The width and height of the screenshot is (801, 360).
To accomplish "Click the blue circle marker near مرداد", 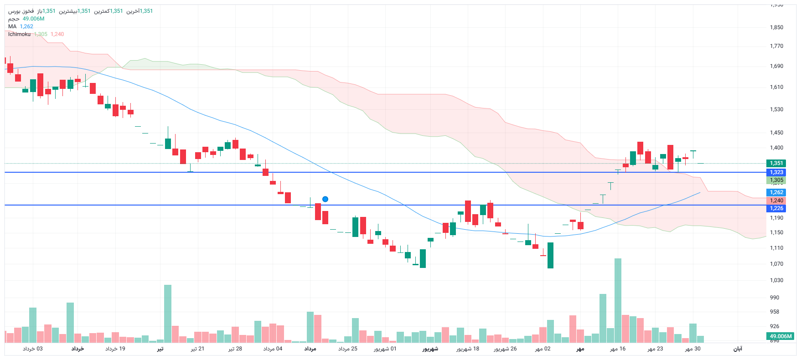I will pos(325,199).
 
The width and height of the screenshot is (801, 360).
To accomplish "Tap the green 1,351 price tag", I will pos(776,163).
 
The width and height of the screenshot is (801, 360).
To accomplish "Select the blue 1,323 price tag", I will pos(776,172).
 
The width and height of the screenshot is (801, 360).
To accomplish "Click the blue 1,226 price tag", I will pos(776,208).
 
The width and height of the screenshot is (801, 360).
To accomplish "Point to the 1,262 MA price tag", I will pos(776,192).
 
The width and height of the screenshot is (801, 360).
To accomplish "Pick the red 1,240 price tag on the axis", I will pos(776,201).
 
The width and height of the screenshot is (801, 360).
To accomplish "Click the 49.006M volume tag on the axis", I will pos(780,336).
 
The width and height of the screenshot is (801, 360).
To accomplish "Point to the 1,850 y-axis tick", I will pos(776,27).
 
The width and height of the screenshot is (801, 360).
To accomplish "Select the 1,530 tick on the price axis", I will pos(776,109).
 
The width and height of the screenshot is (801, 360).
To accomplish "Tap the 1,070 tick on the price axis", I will pos(776,264).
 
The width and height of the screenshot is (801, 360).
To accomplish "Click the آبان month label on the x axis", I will pos(738,349).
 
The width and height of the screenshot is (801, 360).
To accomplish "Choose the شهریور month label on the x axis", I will pos(430,349).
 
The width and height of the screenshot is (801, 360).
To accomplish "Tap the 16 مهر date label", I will pos(618,349).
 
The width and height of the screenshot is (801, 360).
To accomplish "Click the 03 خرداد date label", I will pos(33,349).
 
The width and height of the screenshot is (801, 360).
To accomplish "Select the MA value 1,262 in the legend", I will pos(26,26).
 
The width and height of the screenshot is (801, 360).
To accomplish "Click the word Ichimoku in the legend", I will pos(19,34).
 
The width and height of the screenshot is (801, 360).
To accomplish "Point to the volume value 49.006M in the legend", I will pos(34,19).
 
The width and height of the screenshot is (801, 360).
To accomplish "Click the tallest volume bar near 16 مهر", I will pos(618,301).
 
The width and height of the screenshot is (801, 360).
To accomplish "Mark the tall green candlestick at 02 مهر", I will pos(550,255).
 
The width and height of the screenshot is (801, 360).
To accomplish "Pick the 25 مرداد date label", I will pos(348,349).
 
